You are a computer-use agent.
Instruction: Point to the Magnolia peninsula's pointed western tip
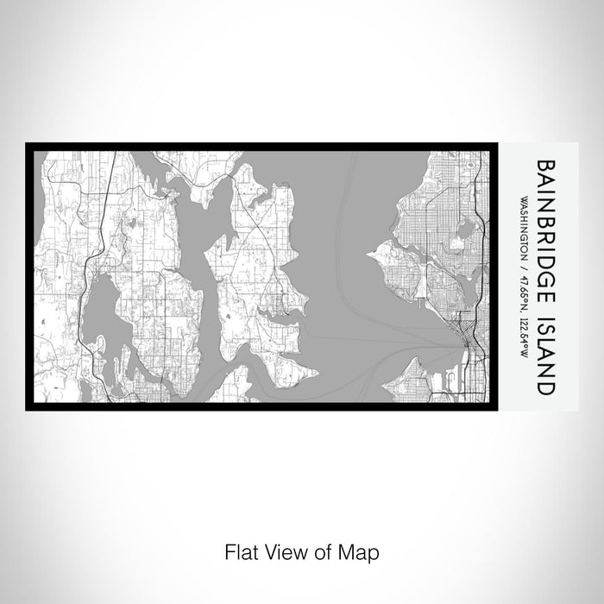(371, 252)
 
